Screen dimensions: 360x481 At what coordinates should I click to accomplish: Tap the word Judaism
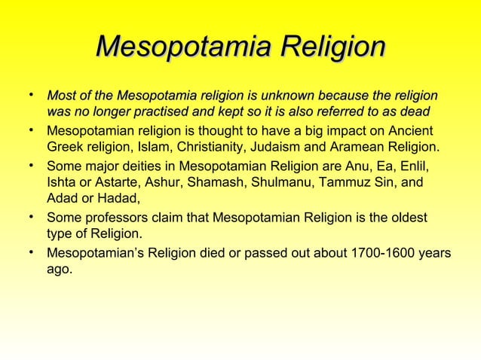[302, 146]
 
